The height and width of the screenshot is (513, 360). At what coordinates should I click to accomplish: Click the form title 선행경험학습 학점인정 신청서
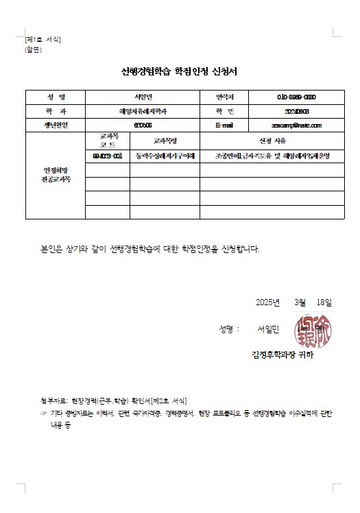[179, 71]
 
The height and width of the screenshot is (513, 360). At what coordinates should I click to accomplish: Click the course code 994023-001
[108, 156]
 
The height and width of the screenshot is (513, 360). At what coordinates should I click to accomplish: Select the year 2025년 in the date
[267, 302]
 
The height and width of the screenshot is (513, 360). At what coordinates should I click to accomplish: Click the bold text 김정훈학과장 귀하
[283, 355]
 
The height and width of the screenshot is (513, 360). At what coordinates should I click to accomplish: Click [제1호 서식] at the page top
[43, 40]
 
